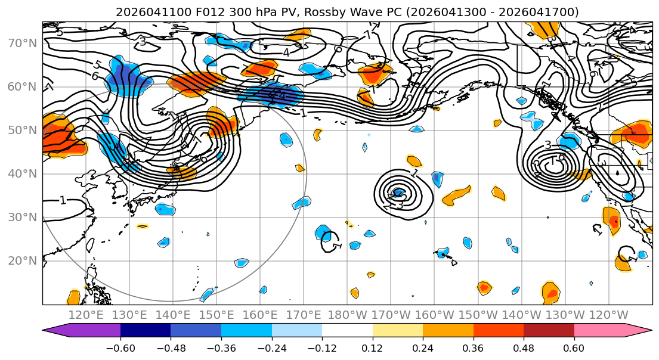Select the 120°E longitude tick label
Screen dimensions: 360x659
86,315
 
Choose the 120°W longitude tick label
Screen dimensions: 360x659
609,315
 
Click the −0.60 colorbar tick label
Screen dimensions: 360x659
120,347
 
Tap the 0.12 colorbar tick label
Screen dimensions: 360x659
372,347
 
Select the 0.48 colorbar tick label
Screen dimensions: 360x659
524,347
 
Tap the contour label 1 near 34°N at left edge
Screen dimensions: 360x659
63,200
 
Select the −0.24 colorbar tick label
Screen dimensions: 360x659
271,347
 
